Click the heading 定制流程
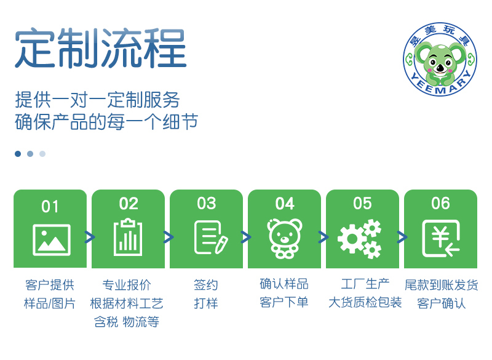coord(101,48)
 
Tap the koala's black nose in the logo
coord(440,67)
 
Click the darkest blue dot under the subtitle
coord(18,154)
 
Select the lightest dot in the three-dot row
coord(42,154)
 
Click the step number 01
coord(50,207)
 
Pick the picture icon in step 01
coord(52,240)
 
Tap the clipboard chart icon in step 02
coord(128,237)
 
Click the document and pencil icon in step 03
coord(211,238)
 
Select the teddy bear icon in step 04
coord(285,239)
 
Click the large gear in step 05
coord(352,239)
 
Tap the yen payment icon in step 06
coord(441,238)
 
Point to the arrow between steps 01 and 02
coord(90,237)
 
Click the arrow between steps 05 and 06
coord(402,237)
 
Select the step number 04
coord(285,204)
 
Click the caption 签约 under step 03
coord(206,285)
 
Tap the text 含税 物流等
coord(127,322)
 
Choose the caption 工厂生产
coord(365,284)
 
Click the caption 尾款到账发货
coord(441,285)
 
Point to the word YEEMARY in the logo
coord(441,86)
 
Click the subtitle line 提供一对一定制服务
coord(97,100)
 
